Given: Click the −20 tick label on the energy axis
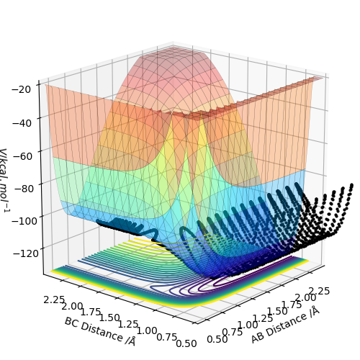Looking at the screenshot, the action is (x=21, y=89).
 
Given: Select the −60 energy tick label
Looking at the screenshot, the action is (x=22, y=156).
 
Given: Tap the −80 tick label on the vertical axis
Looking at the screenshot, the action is (x=24, y=189).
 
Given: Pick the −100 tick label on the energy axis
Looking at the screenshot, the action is (x=24, y=220).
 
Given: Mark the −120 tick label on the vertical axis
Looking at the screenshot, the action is (x=26, y=253).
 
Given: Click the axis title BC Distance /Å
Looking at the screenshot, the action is (x=100, y=332).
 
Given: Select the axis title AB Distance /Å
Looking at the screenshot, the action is (x=285, y=325).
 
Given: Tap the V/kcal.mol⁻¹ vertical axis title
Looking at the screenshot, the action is (x=4, y=181).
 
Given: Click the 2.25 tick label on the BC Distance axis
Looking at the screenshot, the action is (x=54, y=300).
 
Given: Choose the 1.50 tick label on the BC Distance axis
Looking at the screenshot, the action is (x=109, y=318).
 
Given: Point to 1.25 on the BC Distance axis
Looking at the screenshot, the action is (x=128, y=325).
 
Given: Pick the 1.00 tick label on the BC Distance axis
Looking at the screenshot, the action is (x=147, y=331).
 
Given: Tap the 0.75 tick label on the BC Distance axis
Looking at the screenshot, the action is (x=166, y=337).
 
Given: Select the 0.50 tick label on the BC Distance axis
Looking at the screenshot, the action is (x=186, y=343).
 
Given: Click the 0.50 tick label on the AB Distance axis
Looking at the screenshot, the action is (x=217, y=339).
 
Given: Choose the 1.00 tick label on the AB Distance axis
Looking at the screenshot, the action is (x=248, y=325).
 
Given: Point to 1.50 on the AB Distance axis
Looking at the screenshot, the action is (x=277, y=311).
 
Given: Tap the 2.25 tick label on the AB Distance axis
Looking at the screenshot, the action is (x=320, y=291).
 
